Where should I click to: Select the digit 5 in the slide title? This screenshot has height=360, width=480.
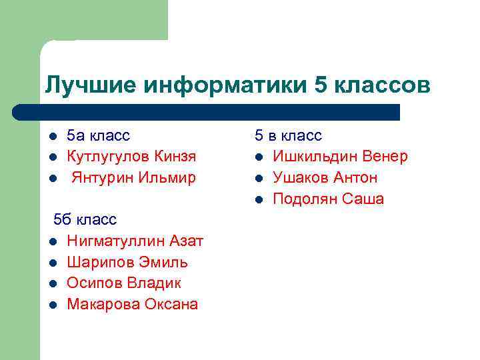320,85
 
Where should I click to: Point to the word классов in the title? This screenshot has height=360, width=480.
381,85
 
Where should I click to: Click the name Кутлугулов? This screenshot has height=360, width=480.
108,157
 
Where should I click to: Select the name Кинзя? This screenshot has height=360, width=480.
175,157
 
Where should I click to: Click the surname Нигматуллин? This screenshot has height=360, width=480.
115,241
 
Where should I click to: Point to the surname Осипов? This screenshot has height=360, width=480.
93,283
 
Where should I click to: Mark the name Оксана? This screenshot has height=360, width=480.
169,305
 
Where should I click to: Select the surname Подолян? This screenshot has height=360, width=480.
305,199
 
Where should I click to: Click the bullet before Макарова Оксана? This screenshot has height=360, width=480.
53,305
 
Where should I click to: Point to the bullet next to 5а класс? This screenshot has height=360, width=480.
53,136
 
